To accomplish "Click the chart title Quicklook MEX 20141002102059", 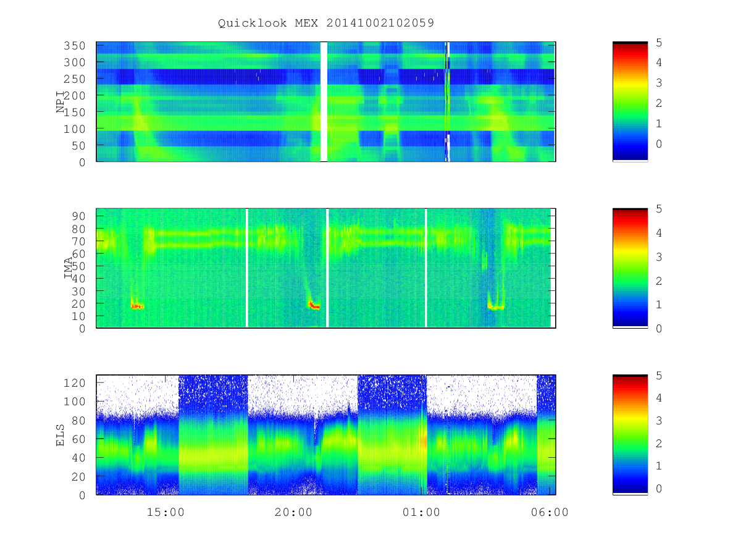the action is point(326,23).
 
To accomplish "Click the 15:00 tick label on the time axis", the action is point(165,512).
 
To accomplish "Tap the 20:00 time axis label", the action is point(293,512).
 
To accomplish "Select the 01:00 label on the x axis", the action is point(421,512).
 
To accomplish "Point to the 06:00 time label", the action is point(550,512).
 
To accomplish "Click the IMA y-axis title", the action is point(69,268).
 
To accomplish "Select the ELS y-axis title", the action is point(60,435).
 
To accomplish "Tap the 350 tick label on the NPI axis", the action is point(75,46).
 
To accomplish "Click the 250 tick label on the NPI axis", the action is point(75,79).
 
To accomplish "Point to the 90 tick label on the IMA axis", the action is point(78,216).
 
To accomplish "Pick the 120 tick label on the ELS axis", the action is point(75,383).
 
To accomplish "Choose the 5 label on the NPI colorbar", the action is point(659,43).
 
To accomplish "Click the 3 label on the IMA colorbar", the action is point(659,257).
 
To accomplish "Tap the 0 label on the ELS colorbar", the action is point(659,489).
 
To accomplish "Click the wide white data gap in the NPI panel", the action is point(324,101).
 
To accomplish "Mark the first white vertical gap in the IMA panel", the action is point(247,268).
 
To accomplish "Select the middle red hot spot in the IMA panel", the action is point(314,305).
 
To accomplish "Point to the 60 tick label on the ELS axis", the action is point(78,439).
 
